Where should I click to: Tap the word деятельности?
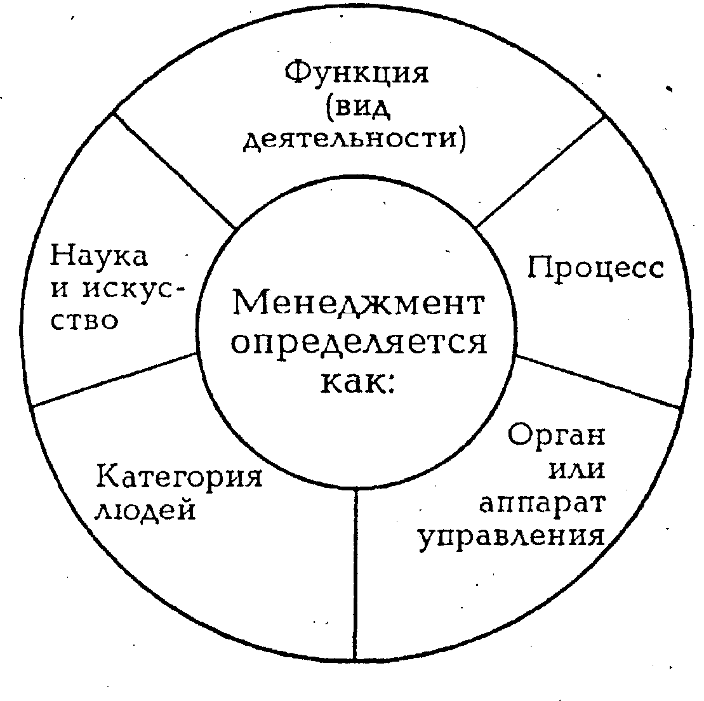click(x=355, y=138)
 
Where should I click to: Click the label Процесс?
click(x=595, y=268)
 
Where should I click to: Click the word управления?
click(x=510, y=537)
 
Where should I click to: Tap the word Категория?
click(x=179, y=476)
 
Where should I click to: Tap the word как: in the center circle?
click(x=359, y=383)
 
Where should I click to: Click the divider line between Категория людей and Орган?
click(x=355, y=571)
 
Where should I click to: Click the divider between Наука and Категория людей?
click(x=114, y=379)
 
